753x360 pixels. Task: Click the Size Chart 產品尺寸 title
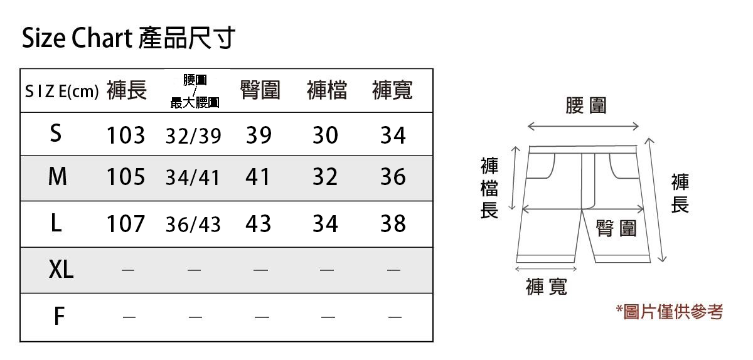click(129, 39)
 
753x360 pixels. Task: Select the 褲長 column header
click(126, 91)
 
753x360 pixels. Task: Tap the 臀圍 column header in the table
click(260, 91)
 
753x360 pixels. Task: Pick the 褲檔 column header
click(326, 91)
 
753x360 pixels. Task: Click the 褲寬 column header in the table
click(392, 91)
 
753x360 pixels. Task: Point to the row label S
click(56, 134)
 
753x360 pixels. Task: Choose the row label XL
click(61, 270)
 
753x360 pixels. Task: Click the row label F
click(59, 317)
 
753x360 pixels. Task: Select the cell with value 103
click(125, 135)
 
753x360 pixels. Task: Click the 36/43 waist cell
click(193, 225)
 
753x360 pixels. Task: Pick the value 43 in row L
click(259, 224)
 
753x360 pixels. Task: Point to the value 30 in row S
click(325, 135)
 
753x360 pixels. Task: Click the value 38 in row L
click(393, 224)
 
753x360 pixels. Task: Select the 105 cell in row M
click(125, 178)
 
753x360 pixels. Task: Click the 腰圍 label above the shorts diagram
click(585, 106)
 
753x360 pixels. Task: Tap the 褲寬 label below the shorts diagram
click(546, 287)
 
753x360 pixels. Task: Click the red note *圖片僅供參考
click(669, 312)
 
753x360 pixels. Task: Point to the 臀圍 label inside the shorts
click(616, 229)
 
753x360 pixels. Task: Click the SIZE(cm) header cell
click(61, 92)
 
